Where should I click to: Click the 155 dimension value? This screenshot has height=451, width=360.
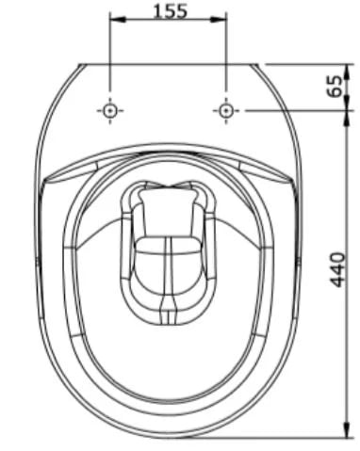pyautogui.click(x=171, y=10)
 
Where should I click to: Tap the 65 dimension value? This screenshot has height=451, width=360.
pyautogui.click(x=335, y=87)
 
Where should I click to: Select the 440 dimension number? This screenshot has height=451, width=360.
pyautogui.click(x=338, y=270)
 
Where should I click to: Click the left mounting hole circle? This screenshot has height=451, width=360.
pyautogui.click(x=110, y=110)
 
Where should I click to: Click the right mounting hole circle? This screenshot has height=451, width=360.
pyautogui.click(x=226, y=110)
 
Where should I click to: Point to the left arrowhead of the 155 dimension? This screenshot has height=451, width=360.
pyautogui.click(x=118, y=20)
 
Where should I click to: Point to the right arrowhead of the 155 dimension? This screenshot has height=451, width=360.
pyautogui.click(x=218, y=20)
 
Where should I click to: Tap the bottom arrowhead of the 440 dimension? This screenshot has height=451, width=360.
pyautogui.click(x=347, y=429)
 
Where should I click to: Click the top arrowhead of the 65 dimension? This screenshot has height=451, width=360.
pyautogui.click(x=347, y=72)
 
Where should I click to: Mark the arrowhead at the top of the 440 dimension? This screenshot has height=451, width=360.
pyautogui.click(x=347, y=119)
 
